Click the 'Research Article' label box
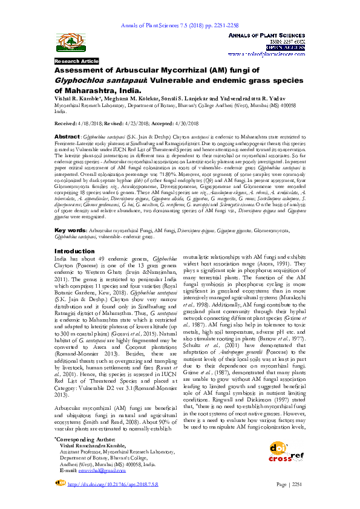76,62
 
